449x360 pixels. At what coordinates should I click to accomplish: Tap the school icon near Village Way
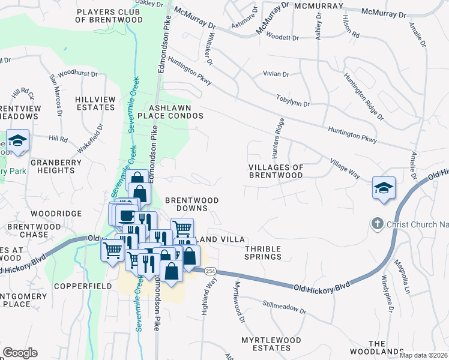383,186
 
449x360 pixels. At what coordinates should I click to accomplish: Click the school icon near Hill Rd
19,142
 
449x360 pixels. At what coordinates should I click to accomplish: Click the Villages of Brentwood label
276,171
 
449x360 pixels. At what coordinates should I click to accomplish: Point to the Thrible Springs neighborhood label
263,252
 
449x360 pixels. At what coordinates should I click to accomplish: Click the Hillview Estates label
95,103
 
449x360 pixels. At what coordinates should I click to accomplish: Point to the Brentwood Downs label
191,204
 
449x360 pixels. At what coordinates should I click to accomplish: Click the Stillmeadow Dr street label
285,308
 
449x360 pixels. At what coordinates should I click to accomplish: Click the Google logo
20,352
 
